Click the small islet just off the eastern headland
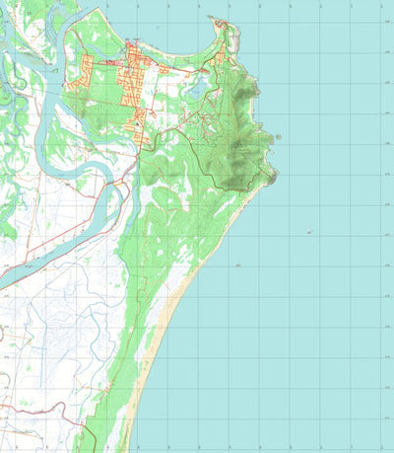pyautogui.click(x=280, y=137)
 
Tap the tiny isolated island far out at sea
pyautogui.click(x=310, y=232)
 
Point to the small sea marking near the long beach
pyautogui.click(x=237, y=265)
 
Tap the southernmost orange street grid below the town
pyautogui.click(x=141, y=119)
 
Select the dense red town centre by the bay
pyautogui.click(x=131, y=65)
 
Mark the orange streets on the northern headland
pyautogui.click(x=226, y=30)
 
